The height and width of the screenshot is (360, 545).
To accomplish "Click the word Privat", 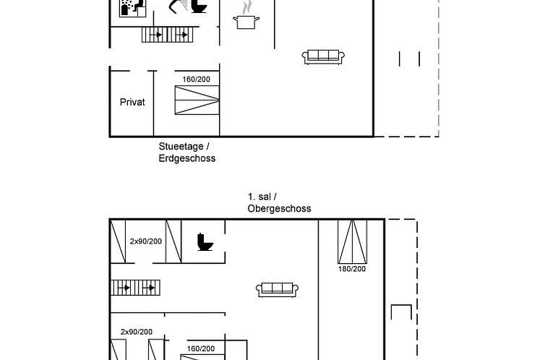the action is coord(132,102).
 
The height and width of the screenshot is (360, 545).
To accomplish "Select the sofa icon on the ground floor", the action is coord(323,57).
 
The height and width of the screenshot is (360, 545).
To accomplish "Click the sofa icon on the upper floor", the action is coord(277,290).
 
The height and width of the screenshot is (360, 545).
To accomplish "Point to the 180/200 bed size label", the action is coord(352,269).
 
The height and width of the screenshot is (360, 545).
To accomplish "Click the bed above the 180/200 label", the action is coord(353,241).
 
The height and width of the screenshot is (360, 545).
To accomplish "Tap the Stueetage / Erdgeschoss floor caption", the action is coord(187,153).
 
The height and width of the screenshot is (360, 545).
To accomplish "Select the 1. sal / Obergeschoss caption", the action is coord(279,202).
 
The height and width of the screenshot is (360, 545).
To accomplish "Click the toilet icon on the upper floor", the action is coord(205,242).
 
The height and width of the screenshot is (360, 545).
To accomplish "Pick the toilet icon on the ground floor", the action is coord(199,7).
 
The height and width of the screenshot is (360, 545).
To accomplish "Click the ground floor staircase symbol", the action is coord(167,35).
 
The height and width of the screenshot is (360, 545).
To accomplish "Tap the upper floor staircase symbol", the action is coord(135,288).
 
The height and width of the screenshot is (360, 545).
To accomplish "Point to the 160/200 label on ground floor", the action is coord(197,80).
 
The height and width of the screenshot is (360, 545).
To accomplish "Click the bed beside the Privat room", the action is coord(197,100).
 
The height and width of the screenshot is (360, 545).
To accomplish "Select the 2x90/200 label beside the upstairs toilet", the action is coord(146,241).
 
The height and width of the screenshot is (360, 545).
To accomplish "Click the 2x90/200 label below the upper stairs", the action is coord(137,332).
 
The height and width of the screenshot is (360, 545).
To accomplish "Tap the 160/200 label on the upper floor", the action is coord(201,348).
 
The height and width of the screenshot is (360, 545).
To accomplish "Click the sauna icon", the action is coord(133,8).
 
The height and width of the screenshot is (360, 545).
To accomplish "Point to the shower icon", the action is coord(179,6).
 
